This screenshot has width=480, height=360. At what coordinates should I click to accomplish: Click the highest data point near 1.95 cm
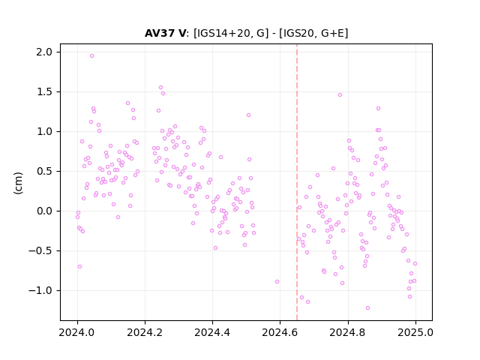91,56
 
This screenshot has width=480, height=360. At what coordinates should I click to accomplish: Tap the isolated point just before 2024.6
277,282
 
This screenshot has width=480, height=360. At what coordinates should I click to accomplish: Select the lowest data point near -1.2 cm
367,308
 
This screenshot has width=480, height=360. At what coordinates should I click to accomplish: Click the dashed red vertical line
297,182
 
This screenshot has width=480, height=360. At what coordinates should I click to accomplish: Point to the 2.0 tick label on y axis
44,52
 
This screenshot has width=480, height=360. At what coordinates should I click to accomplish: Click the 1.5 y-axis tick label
44,91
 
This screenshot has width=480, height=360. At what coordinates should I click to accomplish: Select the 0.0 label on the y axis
44,211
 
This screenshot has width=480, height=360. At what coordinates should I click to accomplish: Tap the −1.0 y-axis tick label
40,290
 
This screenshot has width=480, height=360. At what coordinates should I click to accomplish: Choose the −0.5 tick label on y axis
40,250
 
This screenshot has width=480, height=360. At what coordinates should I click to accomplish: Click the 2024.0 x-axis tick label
77,332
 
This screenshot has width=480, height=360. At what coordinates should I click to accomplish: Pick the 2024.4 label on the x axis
212,332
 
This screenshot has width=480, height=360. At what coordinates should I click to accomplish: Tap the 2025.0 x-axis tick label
415,332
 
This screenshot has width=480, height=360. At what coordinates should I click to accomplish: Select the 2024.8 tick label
348,332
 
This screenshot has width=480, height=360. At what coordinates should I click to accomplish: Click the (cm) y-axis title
18,183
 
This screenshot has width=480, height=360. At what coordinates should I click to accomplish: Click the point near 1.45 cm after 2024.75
340,95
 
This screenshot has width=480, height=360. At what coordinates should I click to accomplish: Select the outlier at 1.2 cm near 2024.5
248,115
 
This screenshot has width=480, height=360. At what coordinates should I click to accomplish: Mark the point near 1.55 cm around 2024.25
160,88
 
